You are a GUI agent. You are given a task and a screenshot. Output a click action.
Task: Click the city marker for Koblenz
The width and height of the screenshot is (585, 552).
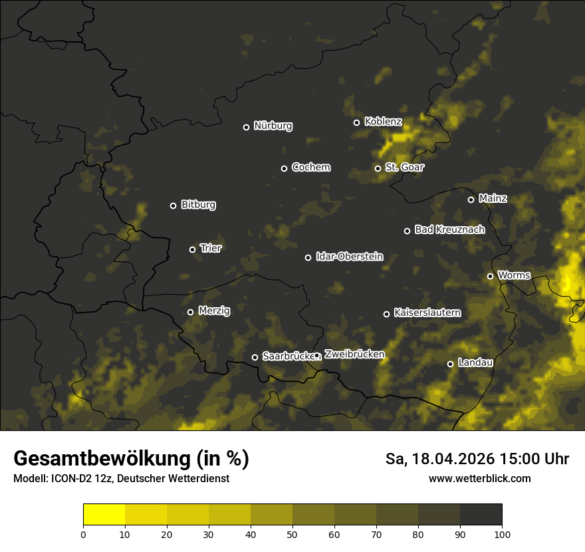(356, 122)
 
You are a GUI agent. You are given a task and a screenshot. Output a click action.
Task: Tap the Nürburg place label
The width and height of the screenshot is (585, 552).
(273, 126)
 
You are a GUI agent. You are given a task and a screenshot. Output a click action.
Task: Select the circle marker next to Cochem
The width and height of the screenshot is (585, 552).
(284, 168)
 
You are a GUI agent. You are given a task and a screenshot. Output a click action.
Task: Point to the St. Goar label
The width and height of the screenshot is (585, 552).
(404, 167)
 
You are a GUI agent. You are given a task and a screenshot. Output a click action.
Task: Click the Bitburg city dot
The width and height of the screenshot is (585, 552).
(173, 206)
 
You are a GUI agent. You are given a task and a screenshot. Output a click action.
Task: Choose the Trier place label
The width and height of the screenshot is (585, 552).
(210, 248)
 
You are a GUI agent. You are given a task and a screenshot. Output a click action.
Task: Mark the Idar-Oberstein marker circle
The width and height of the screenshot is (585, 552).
(308, 257)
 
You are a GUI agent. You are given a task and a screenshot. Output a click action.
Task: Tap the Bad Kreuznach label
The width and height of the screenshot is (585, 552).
(449, 229)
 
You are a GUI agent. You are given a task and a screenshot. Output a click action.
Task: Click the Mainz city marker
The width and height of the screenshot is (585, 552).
(471, 200)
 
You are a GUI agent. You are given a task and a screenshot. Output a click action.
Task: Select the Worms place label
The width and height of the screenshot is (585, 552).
(514, 275)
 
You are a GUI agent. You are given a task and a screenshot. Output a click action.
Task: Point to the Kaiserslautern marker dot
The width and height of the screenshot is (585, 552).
(386, 314)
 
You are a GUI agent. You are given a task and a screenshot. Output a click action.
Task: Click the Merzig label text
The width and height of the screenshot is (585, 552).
(214, 311)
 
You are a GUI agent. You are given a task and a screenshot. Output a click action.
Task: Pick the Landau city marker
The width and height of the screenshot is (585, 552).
(450, 364)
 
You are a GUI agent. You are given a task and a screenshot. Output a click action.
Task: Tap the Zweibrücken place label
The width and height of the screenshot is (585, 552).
(354, 354)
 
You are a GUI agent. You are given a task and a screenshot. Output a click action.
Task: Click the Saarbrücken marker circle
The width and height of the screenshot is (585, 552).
(255, 357)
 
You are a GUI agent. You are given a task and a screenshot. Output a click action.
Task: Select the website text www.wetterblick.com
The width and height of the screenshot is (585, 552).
(479, 478)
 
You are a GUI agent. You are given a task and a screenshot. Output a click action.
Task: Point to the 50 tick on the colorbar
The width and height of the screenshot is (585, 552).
(292, 534)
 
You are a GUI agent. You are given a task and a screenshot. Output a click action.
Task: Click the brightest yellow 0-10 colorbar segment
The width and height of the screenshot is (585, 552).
(104, 515)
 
